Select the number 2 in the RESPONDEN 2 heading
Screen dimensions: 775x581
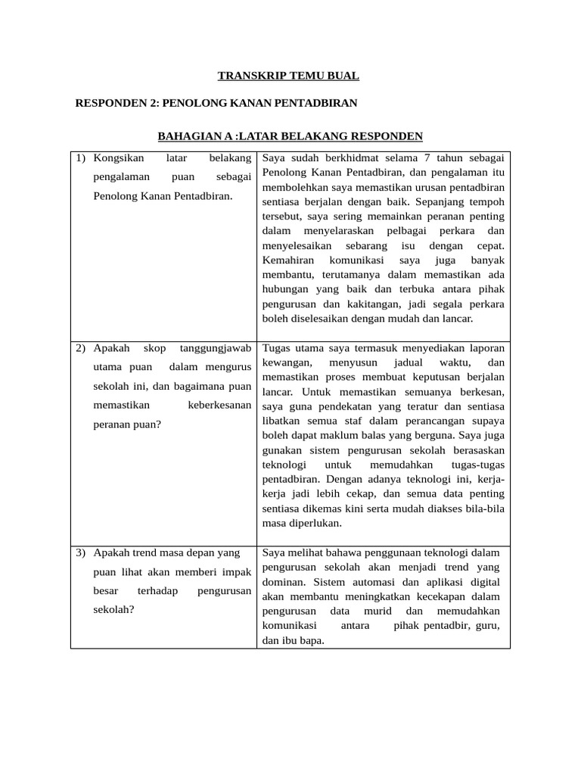pyautogui.click(x=152, y=102)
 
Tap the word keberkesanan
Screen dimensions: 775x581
pyautogui.click(x=219, y=405)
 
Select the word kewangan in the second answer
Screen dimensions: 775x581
pyautogui.click(x=287, y=363)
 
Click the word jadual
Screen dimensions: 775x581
pyautogui.click(x=409, y=363)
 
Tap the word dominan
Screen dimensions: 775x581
pyautogui.click(x=284, y=582)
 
